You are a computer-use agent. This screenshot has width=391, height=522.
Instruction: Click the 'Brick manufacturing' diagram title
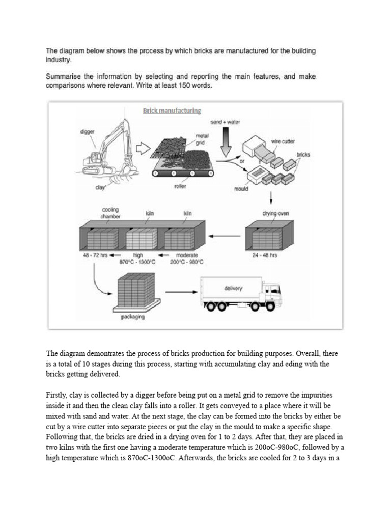click(172, 111)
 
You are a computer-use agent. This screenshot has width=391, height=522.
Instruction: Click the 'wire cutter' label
click(283, 141)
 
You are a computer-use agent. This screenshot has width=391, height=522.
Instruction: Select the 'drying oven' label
click(275, 214)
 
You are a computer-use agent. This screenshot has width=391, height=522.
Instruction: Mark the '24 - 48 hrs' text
click(265, 255)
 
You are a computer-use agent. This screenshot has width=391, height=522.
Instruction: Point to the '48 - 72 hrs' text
click(94, 255)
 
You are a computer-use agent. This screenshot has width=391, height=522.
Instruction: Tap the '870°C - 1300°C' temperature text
click(138, 262)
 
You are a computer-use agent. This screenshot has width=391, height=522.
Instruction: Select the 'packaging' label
click(132, 317)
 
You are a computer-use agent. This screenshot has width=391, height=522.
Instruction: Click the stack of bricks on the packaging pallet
click(134, 291)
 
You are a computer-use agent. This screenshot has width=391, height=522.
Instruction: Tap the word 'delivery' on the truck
click(233, 288)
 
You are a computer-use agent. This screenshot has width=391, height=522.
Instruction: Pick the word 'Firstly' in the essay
click(57, 395)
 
